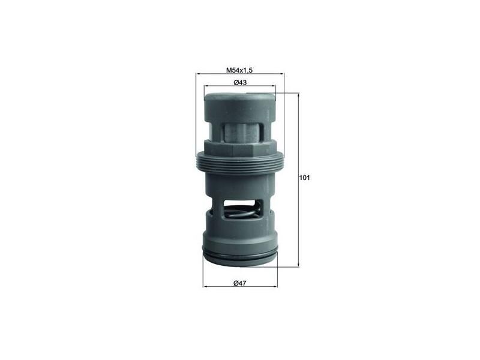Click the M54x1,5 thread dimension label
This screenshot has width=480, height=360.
click(239, 70)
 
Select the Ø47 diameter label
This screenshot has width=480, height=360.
click(240, 283)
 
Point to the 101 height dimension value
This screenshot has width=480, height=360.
click(304, 178)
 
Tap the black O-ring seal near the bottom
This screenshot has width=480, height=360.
click(240, 257)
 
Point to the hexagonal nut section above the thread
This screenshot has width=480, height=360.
click(240, 147)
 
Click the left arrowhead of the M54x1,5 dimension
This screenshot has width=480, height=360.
click(199, 74)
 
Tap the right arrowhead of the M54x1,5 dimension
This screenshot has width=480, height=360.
click(281, 74)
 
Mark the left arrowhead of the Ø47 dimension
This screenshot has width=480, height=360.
click(205, 286)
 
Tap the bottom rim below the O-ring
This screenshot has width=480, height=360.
click(240, 263)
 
